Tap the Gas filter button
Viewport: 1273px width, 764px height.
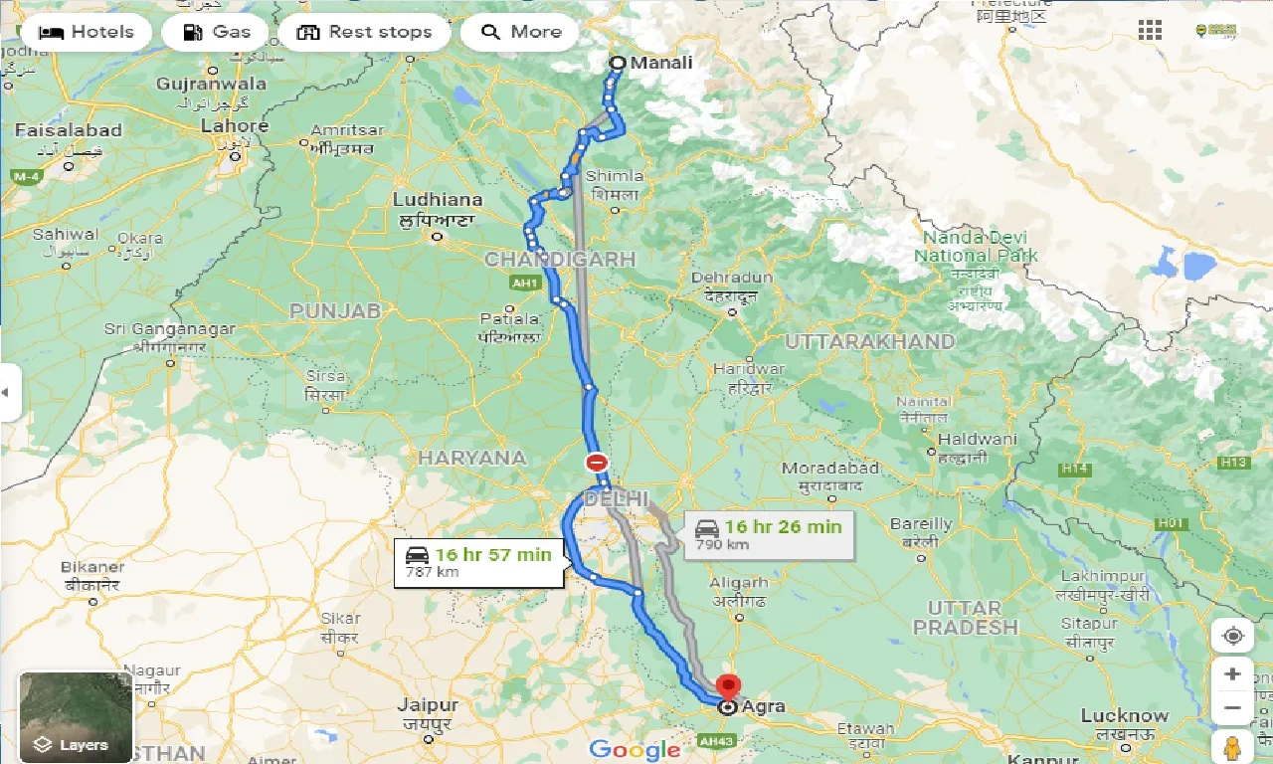click(x=216, y=32)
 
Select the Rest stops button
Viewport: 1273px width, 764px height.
click(x=364, y=32)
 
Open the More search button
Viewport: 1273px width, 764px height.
click(x=520, y=32)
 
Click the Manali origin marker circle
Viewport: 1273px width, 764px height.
click(x=617, y=64)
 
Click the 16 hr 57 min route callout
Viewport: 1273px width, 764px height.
click(x=479, y=562)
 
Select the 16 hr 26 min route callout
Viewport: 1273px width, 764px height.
click(x=768, y=534)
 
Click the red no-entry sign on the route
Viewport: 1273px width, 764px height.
click(x=596, y=462)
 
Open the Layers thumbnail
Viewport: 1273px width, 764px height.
click(x=76, y=716)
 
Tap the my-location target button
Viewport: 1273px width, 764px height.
click(x=1232, y=636)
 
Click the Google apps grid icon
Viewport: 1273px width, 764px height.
click(x=1150, y=31)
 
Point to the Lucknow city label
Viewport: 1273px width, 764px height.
click(x=1125, y=716)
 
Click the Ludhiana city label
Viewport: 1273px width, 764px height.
click(x=437, y=200)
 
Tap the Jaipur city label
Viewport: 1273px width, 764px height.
click(x=428, y=706)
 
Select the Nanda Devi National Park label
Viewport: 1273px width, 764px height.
click(x=980, y=247)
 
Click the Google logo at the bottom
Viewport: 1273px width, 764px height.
click(x=635, y=749)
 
